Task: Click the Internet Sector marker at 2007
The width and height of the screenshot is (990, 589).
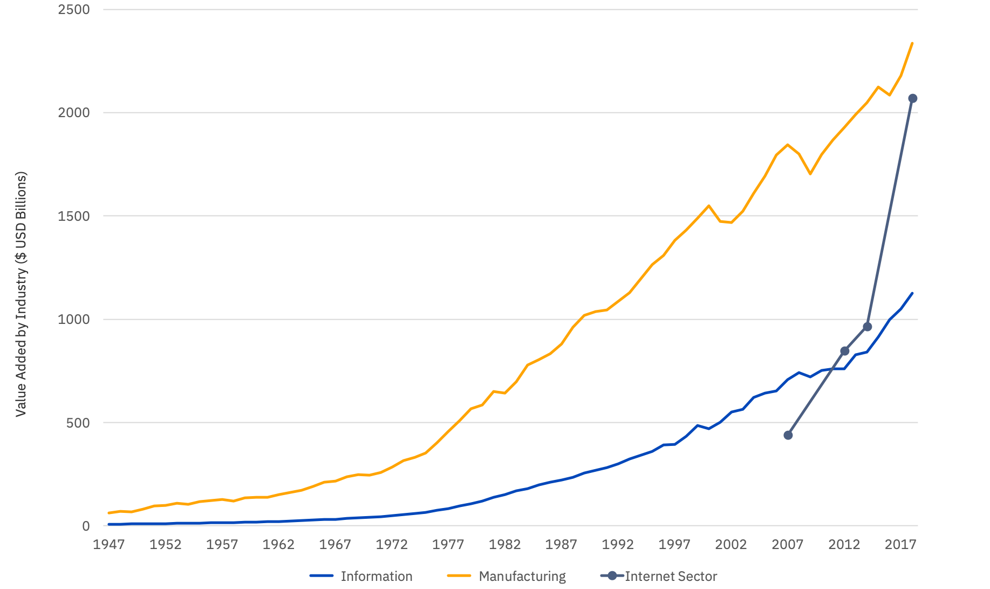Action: click(788, 435)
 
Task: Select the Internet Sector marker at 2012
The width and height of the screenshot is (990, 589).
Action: click(845, 351)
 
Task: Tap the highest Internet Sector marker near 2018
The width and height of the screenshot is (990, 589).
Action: click(913, 98)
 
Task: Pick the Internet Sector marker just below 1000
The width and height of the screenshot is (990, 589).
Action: click(868, 327)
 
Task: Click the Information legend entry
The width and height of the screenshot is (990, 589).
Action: click(376, 576)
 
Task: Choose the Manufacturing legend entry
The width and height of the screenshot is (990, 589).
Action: click(522, 576)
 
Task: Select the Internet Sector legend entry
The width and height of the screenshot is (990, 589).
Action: click(671, 576)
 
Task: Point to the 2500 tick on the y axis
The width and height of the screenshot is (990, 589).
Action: click(74, 10)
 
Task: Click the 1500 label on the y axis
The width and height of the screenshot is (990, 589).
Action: click(74, 216)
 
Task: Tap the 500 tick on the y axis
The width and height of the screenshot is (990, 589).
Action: click(78, 423)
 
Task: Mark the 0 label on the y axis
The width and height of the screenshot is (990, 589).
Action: click(86, 526)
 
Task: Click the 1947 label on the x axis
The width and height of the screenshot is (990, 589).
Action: click(108, 544)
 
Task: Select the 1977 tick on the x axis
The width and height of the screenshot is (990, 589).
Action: click(448, 544)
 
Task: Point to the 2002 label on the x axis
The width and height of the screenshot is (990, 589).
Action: click(730, 544)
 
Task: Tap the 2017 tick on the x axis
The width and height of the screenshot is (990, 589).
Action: click(900, 544)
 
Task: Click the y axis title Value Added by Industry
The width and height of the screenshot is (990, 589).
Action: click(21, 294)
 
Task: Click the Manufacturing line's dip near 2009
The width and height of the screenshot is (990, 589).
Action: click(810, 174)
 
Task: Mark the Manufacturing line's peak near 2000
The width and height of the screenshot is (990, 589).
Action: click(709, 206)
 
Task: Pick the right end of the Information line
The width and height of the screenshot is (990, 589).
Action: click(912, 293)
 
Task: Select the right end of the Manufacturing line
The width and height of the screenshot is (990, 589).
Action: click(912, 43)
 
